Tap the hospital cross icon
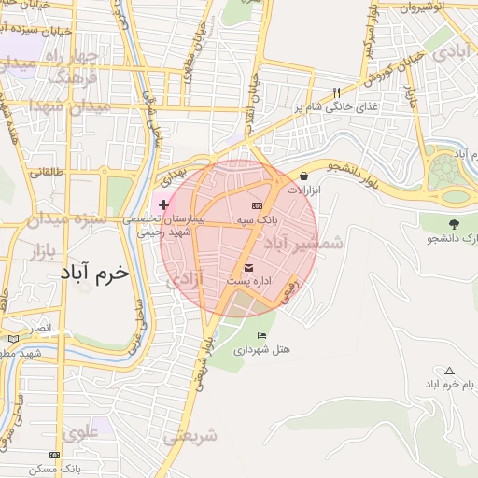[x=164, y=204]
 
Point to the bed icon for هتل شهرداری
[x=261, y=335]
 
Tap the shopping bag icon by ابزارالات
[x=303, y=176]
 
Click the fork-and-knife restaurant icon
[x=337, y=92]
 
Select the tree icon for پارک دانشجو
[x=454, y=224]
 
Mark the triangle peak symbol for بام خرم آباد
[x=449, y=371]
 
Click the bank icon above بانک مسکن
[x=55, y=455]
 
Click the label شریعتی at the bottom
[x=190, y=436]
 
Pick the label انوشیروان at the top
[x=432, y=7]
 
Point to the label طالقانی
[x=45, y=172]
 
